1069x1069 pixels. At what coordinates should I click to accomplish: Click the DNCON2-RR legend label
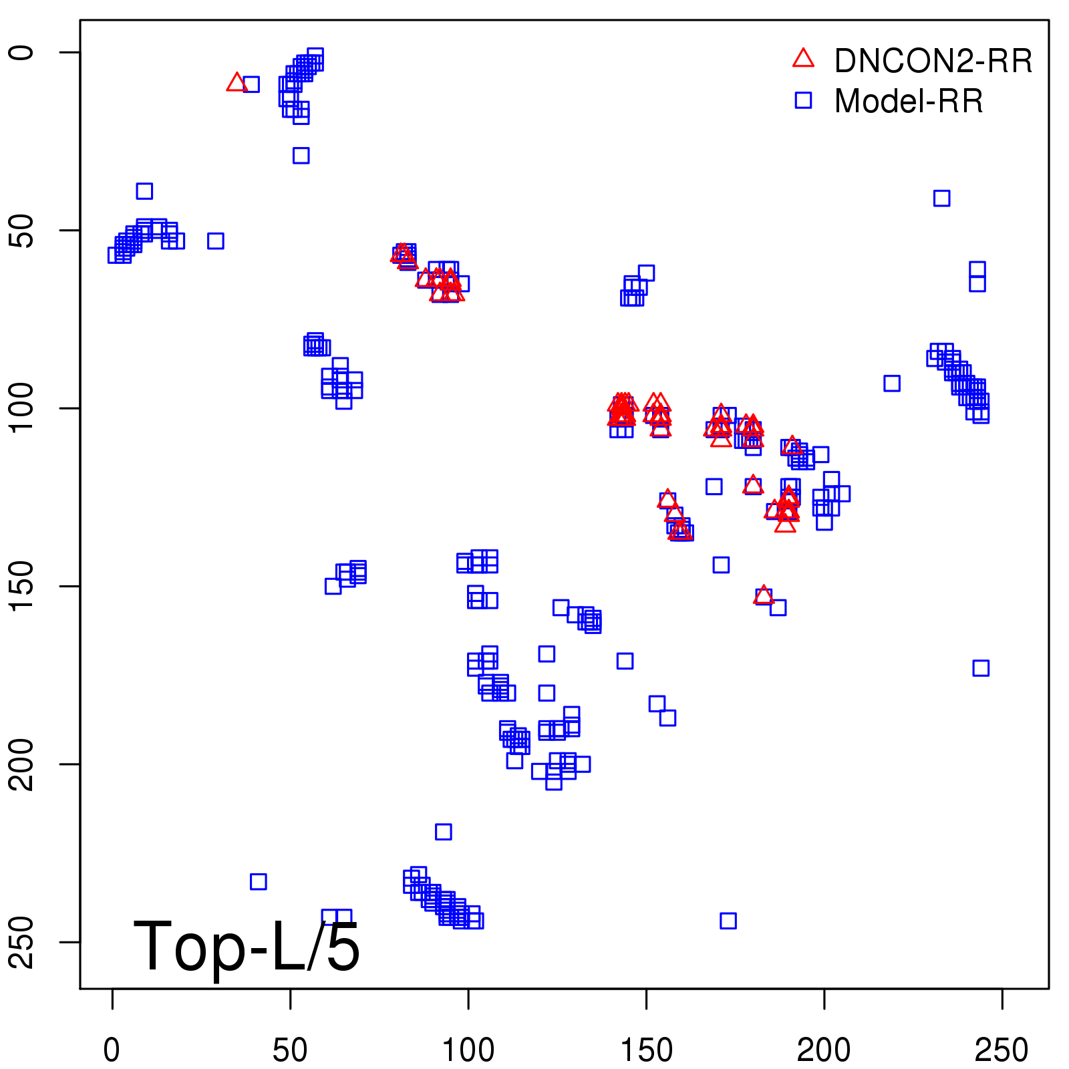tap(933, 61)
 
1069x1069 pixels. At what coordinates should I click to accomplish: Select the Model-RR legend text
tap(909, 102)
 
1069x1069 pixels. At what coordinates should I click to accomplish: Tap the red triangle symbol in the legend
tap(803, 59)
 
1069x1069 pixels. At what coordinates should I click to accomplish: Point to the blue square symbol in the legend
tap(803, 100)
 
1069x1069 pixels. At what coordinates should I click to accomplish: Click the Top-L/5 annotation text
tap(247, 946)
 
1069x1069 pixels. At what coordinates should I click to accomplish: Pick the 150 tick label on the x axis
tap(646, 1050)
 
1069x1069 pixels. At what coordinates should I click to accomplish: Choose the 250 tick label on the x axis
tap(1002, 1050)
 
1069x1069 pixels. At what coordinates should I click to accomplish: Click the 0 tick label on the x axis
tap(112, 1050)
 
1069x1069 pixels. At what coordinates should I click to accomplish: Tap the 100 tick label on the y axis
tap(23, 408)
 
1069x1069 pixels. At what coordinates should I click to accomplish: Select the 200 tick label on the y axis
tap(23, 764)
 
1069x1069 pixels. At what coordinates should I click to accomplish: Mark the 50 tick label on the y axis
tap(23, 231)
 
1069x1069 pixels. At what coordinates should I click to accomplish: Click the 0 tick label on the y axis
tap(23, 52)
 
